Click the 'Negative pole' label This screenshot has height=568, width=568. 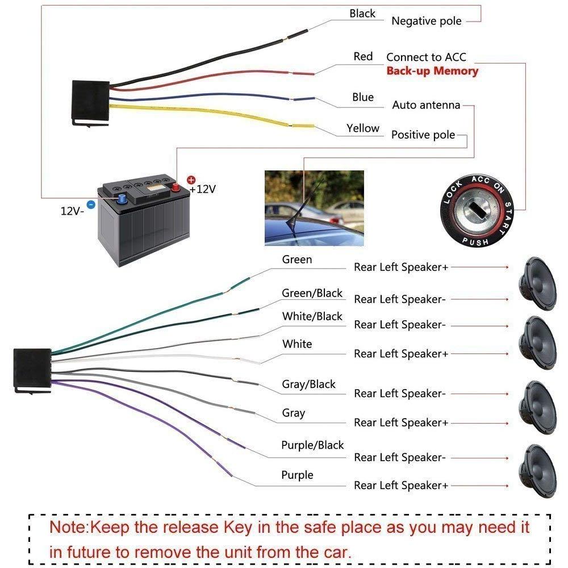[427, 21]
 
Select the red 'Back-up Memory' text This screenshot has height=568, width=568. [432, 70]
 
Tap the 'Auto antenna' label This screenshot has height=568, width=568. [426, 105]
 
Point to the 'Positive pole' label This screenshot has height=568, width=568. [423, 135]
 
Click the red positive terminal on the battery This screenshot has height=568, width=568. [176, 187]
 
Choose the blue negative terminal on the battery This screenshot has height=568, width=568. [122, 198]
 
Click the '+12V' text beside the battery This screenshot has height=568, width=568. [202, 189]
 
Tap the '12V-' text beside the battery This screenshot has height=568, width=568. [72, 211]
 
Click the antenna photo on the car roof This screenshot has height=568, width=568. [314, 208]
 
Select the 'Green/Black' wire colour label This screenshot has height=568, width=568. [312, 293]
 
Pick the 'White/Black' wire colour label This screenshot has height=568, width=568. [312, 316]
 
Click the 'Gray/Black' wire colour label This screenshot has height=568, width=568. [308, 384]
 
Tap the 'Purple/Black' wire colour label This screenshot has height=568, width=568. [312, 445]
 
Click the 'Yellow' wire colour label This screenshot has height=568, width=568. [362, 128]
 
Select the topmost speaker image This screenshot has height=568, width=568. [538, 283]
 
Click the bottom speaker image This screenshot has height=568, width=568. [538, 471]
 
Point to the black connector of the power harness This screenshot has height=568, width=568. [90, 103]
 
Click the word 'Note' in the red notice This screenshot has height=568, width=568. [69, 527]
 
